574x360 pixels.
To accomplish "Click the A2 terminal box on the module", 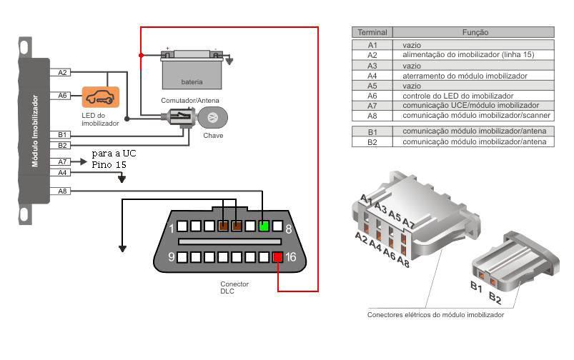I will pos(62,72).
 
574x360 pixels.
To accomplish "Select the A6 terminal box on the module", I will pos(62,95).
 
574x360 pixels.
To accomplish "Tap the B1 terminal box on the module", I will pos(62,134).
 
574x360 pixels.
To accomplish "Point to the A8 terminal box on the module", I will pos(62,191).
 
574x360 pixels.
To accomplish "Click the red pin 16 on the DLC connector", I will pos(277,258).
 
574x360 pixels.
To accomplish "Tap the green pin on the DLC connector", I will pos(264,226).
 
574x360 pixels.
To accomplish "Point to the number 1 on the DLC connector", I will pos(172,228).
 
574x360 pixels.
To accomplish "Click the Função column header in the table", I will pos(475,32).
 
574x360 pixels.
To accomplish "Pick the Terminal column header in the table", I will pos(372,32).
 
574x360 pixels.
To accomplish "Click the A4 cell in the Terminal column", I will pos(372,75).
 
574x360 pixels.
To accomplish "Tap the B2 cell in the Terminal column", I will pos(372,142).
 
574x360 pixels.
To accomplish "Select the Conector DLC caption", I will pos(234,288).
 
